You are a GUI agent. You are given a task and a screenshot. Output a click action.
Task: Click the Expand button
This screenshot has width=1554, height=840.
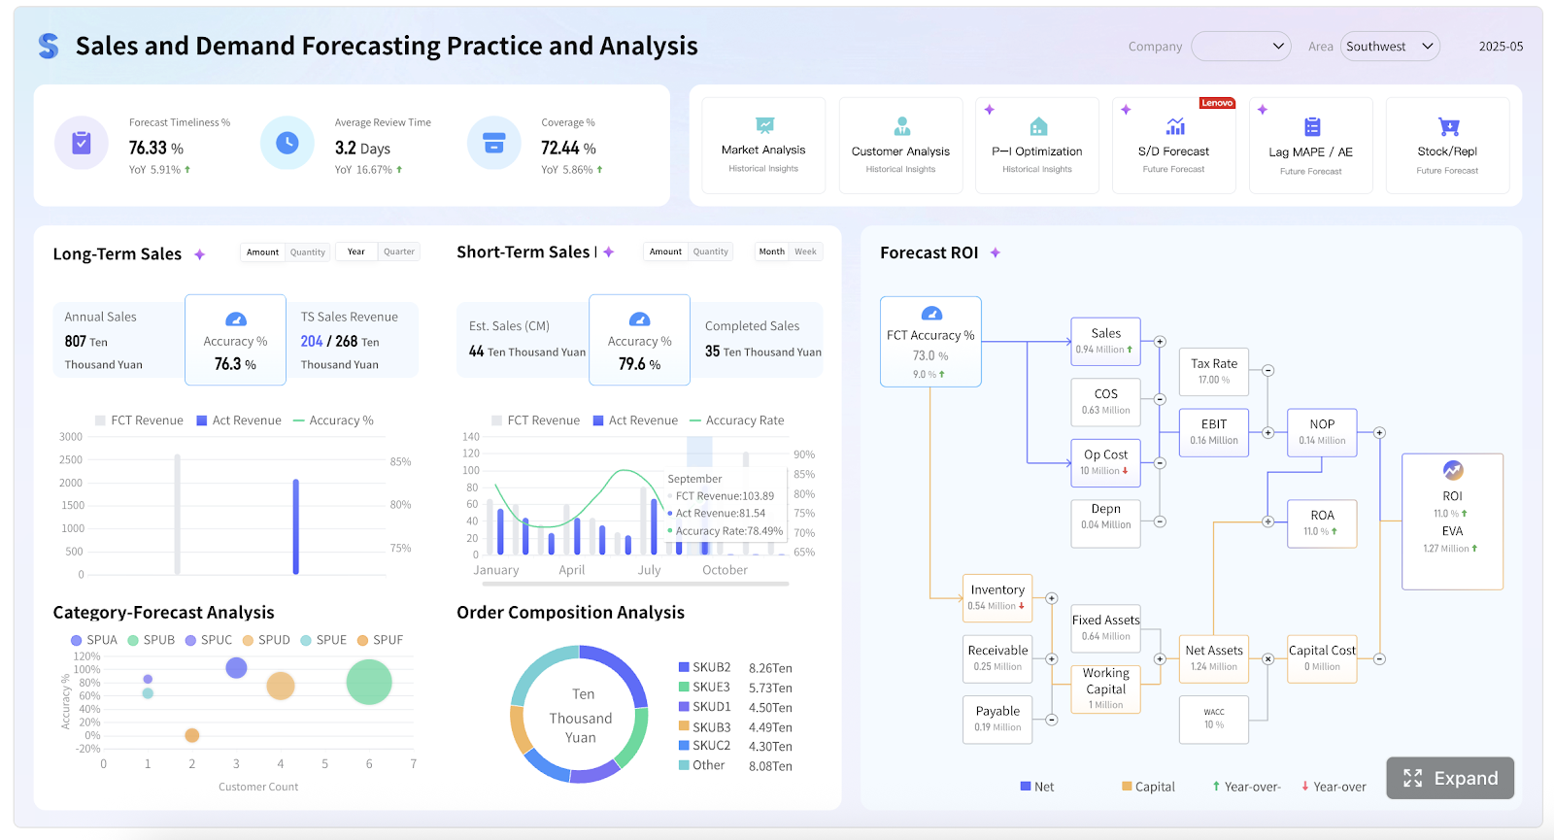point(1449,778)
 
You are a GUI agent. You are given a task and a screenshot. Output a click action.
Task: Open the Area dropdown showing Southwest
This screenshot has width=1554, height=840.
point(1389,47)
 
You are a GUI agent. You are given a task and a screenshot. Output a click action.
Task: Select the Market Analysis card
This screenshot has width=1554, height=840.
point(763,146)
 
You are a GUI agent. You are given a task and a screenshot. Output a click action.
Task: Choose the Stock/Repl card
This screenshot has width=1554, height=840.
point(1447,146)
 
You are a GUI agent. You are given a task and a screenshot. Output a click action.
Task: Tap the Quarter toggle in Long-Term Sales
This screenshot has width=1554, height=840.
point(398,252)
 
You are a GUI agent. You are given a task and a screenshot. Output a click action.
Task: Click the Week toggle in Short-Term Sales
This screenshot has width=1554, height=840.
point(805,252)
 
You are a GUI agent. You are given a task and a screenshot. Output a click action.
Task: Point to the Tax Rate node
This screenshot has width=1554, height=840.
point(1213,370)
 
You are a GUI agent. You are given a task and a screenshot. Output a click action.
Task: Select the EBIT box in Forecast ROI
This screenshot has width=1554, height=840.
point(1213,431)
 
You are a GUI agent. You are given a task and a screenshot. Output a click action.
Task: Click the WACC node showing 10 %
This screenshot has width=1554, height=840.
point(1213,718)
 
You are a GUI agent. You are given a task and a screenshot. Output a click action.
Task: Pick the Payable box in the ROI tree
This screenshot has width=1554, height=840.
point(997,718)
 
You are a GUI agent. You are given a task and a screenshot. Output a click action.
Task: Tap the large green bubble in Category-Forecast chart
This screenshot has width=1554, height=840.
point(369,682)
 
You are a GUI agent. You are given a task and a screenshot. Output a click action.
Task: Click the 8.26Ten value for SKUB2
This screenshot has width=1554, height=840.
point(770,668)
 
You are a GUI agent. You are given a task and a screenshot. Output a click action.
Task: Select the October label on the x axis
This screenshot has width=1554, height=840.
point(725,570)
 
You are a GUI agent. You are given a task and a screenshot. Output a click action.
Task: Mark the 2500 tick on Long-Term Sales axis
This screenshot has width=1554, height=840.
point(71,459)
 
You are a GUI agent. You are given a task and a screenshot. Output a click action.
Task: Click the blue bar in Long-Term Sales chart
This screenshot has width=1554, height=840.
point(295,526)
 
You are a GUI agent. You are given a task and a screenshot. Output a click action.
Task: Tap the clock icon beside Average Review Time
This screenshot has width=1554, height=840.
point(287,143)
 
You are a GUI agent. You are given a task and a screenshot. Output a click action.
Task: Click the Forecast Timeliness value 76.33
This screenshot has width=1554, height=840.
point(149,148)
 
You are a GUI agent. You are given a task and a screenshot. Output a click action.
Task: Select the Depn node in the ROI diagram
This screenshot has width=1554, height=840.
point(1105,516)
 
